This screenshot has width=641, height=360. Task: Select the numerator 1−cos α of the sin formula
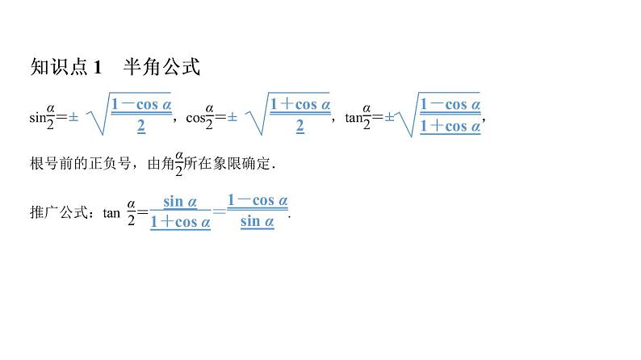tap(141, 104)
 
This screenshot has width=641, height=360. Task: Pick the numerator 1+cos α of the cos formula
tap(300, 104)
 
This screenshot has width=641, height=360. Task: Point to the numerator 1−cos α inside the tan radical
tap(450, 104)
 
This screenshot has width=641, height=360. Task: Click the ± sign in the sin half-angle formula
tap(73, 117)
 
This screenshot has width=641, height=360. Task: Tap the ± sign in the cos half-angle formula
tap(232, 117)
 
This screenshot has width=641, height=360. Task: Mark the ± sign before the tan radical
tap(389, 117)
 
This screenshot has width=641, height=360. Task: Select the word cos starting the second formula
tap(195, 118)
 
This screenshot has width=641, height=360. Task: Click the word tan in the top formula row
tap(354, 118)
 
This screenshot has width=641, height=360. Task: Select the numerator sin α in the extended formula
tap(179, 201)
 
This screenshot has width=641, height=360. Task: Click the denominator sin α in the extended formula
tap(258, 221)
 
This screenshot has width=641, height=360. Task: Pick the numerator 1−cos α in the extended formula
tap(258, 201)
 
